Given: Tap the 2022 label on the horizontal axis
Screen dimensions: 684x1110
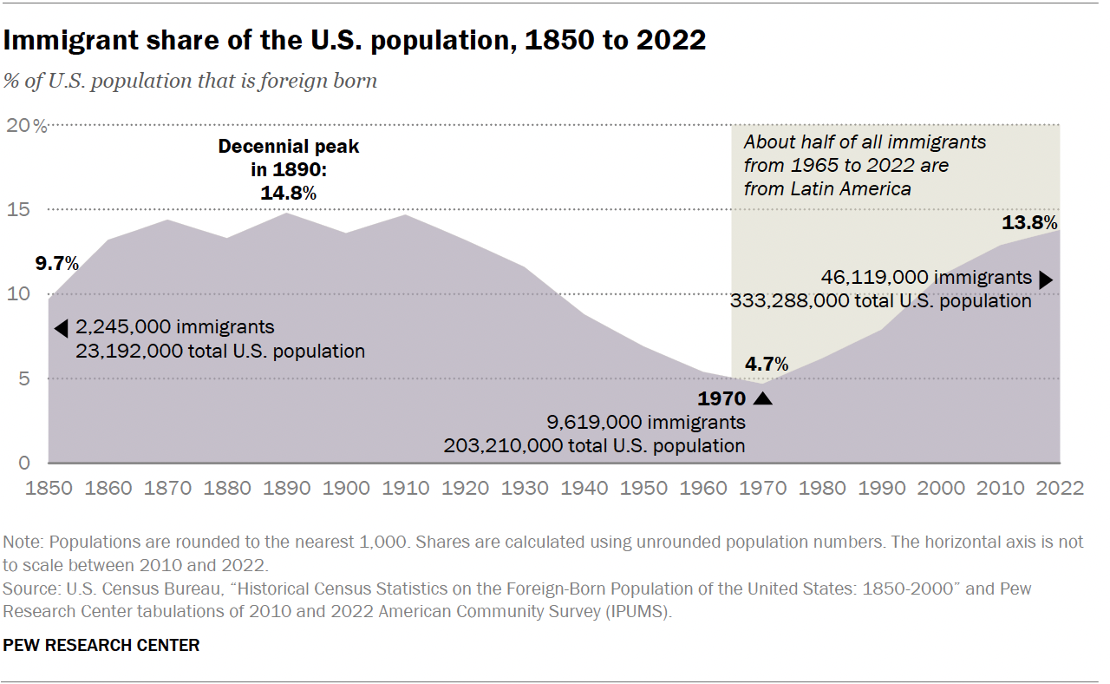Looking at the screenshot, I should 1060,488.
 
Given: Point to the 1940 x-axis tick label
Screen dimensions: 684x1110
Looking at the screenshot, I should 584,488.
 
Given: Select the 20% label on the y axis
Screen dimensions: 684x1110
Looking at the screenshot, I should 28,126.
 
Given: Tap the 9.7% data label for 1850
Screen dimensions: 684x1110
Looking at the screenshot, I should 56,262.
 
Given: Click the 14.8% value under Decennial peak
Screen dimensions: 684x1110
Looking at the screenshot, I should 288,194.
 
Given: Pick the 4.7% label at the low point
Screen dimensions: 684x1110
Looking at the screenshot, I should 767,364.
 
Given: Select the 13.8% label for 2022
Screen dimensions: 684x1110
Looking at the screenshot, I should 1029,223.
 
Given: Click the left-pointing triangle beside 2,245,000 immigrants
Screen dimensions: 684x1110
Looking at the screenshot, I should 61,328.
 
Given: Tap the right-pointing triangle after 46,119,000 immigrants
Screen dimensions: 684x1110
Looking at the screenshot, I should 1046,279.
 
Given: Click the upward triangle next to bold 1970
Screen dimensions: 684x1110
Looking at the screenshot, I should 762,398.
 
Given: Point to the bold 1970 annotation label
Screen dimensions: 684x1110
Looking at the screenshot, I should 721,399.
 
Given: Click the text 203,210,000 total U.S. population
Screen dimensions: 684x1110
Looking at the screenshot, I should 594,446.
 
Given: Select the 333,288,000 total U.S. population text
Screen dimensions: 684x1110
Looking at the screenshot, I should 881,301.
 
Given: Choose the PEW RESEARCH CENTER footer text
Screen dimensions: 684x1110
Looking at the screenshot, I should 101,645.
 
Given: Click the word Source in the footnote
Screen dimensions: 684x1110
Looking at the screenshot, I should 26,589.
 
